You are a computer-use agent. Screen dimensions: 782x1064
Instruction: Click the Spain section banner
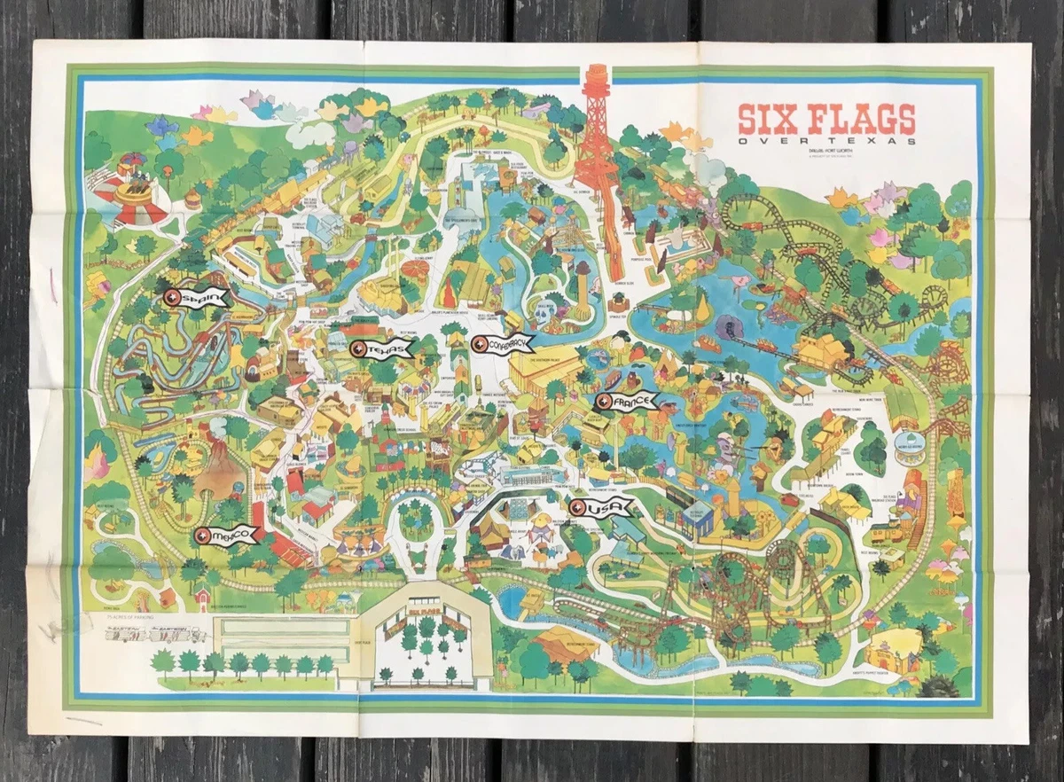coord(197,299)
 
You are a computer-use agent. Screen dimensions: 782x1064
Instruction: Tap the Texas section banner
coord(382,349)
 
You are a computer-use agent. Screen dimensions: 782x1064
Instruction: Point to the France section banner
coord(628,403)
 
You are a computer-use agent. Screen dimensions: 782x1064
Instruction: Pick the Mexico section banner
coord(226,535)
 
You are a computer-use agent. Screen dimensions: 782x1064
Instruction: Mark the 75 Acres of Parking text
coord(119,616)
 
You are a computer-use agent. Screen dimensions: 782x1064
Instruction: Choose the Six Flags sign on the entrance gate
coord(426,614)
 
